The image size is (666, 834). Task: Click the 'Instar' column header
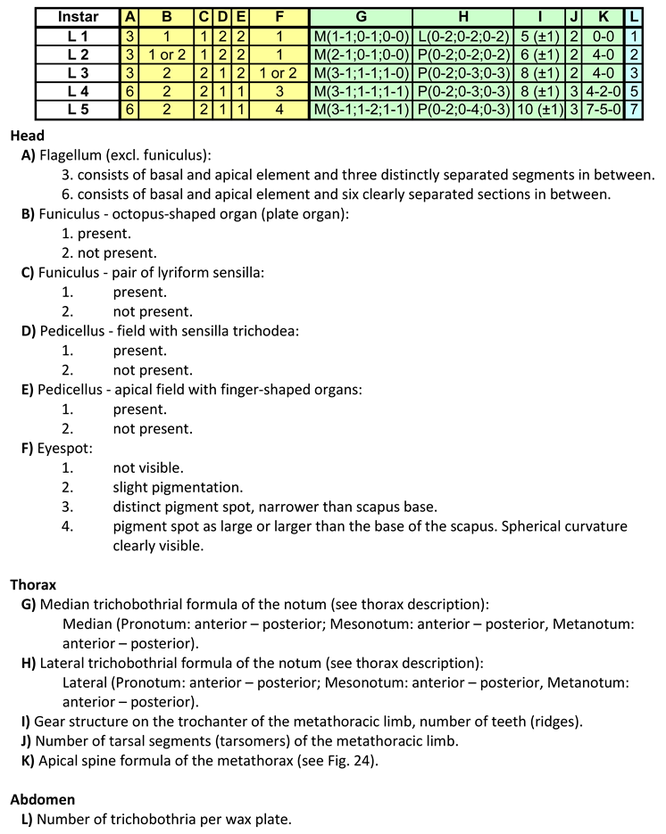77,17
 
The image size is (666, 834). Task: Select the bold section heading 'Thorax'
33,584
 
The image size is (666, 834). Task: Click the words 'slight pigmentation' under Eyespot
178,487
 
